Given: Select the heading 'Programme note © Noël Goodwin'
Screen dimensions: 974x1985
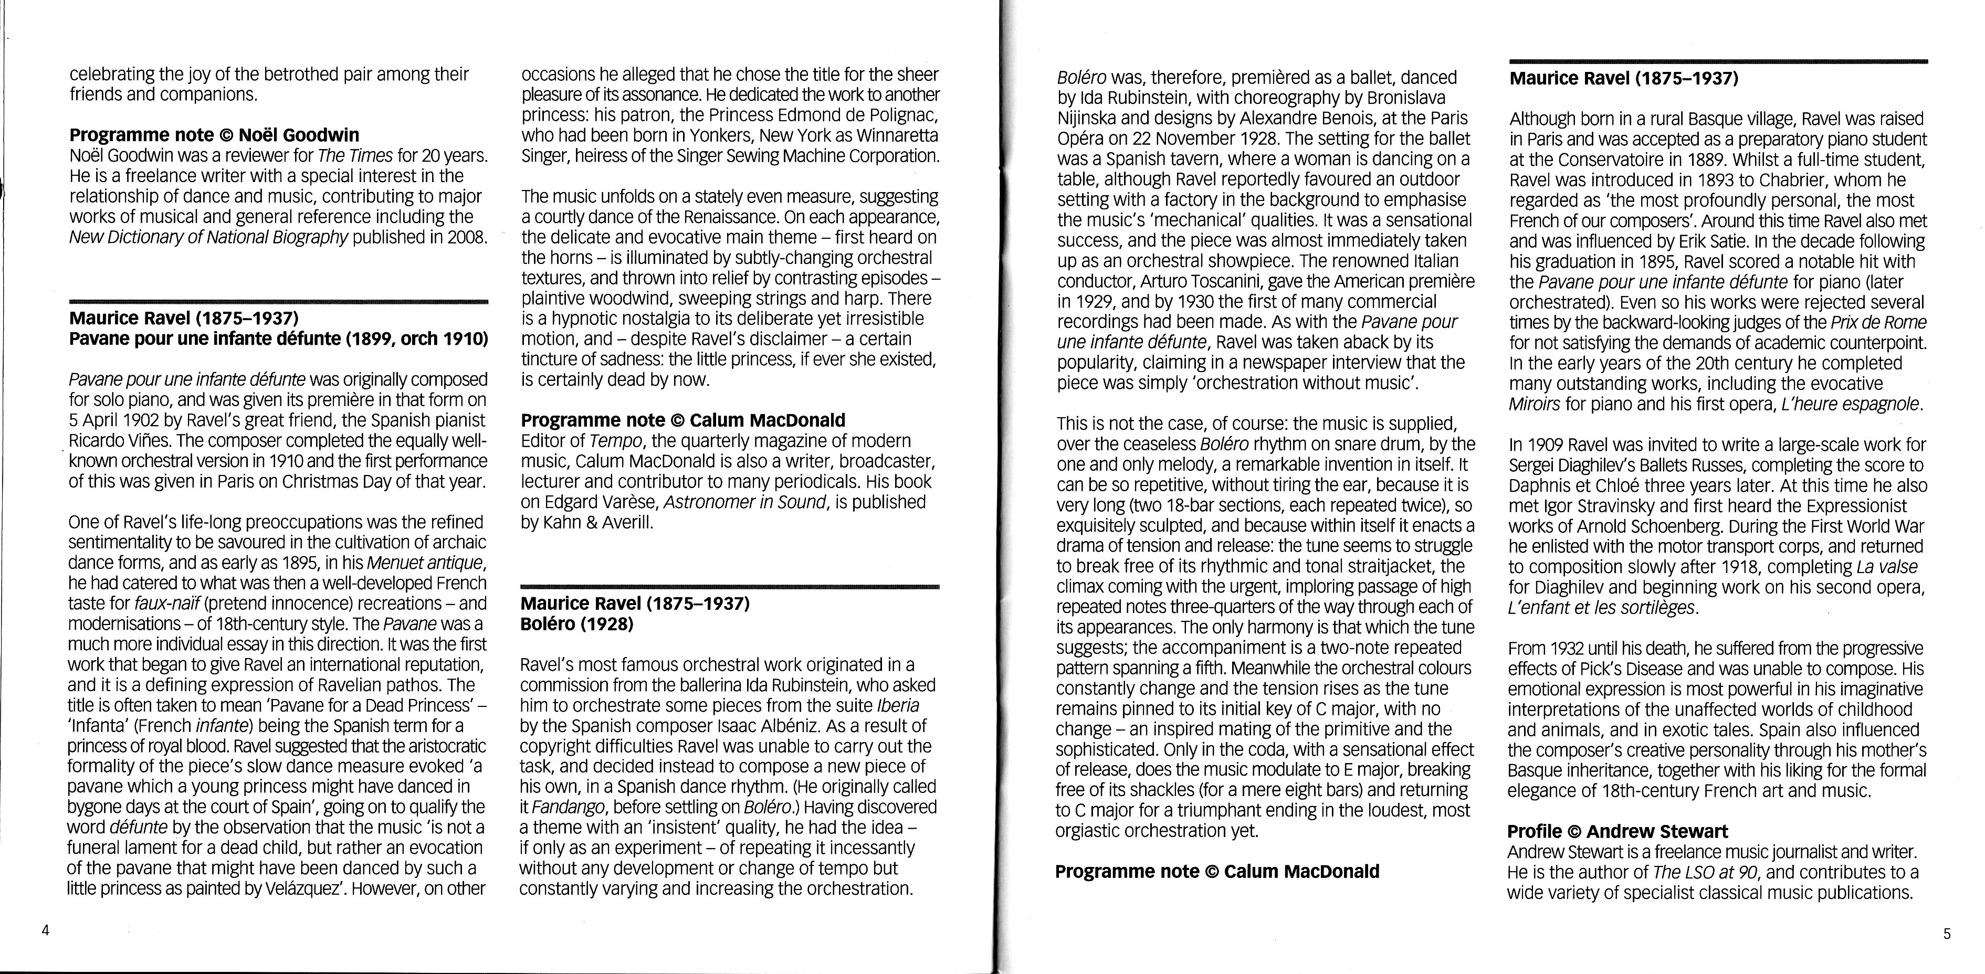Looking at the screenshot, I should [x=214, y=135].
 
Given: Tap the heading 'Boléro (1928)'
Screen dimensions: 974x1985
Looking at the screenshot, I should [x=576, y=623].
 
